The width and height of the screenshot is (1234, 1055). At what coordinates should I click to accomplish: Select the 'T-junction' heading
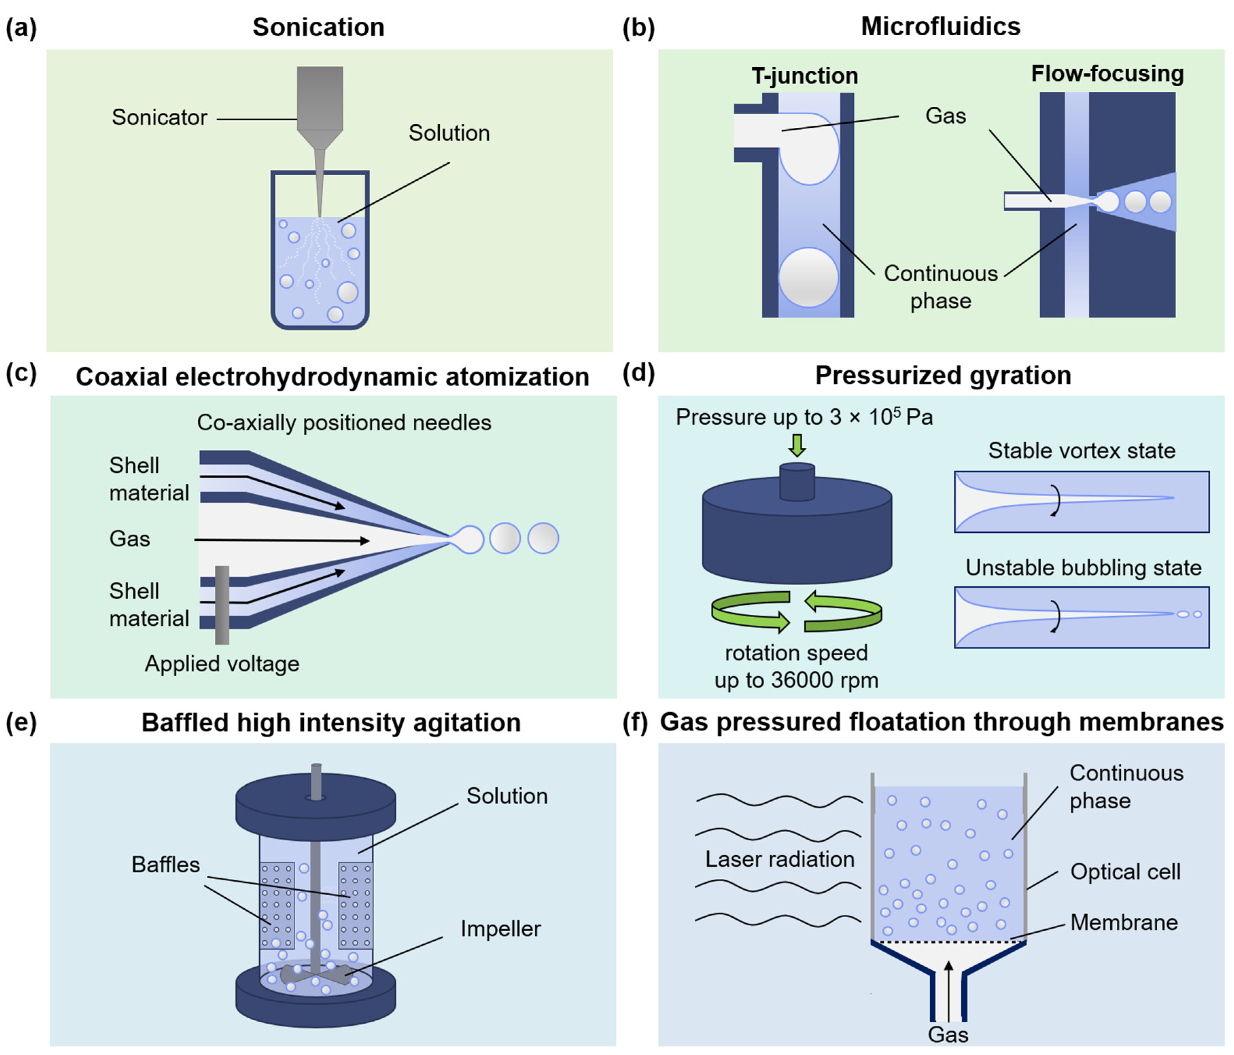805,76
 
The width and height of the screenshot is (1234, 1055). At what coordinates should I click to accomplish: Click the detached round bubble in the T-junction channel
808,278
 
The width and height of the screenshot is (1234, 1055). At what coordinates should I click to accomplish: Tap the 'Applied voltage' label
222,663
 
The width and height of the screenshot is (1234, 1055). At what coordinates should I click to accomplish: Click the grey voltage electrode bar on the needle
222,604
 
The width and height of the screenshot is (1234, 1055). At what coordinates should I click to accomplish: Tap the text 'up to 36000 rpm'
796,680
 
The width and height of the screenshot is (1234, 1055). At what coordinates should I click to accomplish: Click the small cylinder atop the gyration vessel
797,481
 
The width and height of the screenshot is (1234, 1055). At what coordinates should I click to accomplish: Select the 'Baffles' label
166,864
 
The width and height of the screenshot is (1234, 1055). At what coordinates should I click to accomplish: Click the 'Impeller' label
500,928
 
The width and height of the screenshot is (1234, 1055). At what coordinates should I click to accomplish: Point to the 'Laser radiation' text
780,859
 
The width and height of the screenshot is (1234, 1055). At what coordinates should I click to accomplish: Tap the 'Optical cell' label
1125,872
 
